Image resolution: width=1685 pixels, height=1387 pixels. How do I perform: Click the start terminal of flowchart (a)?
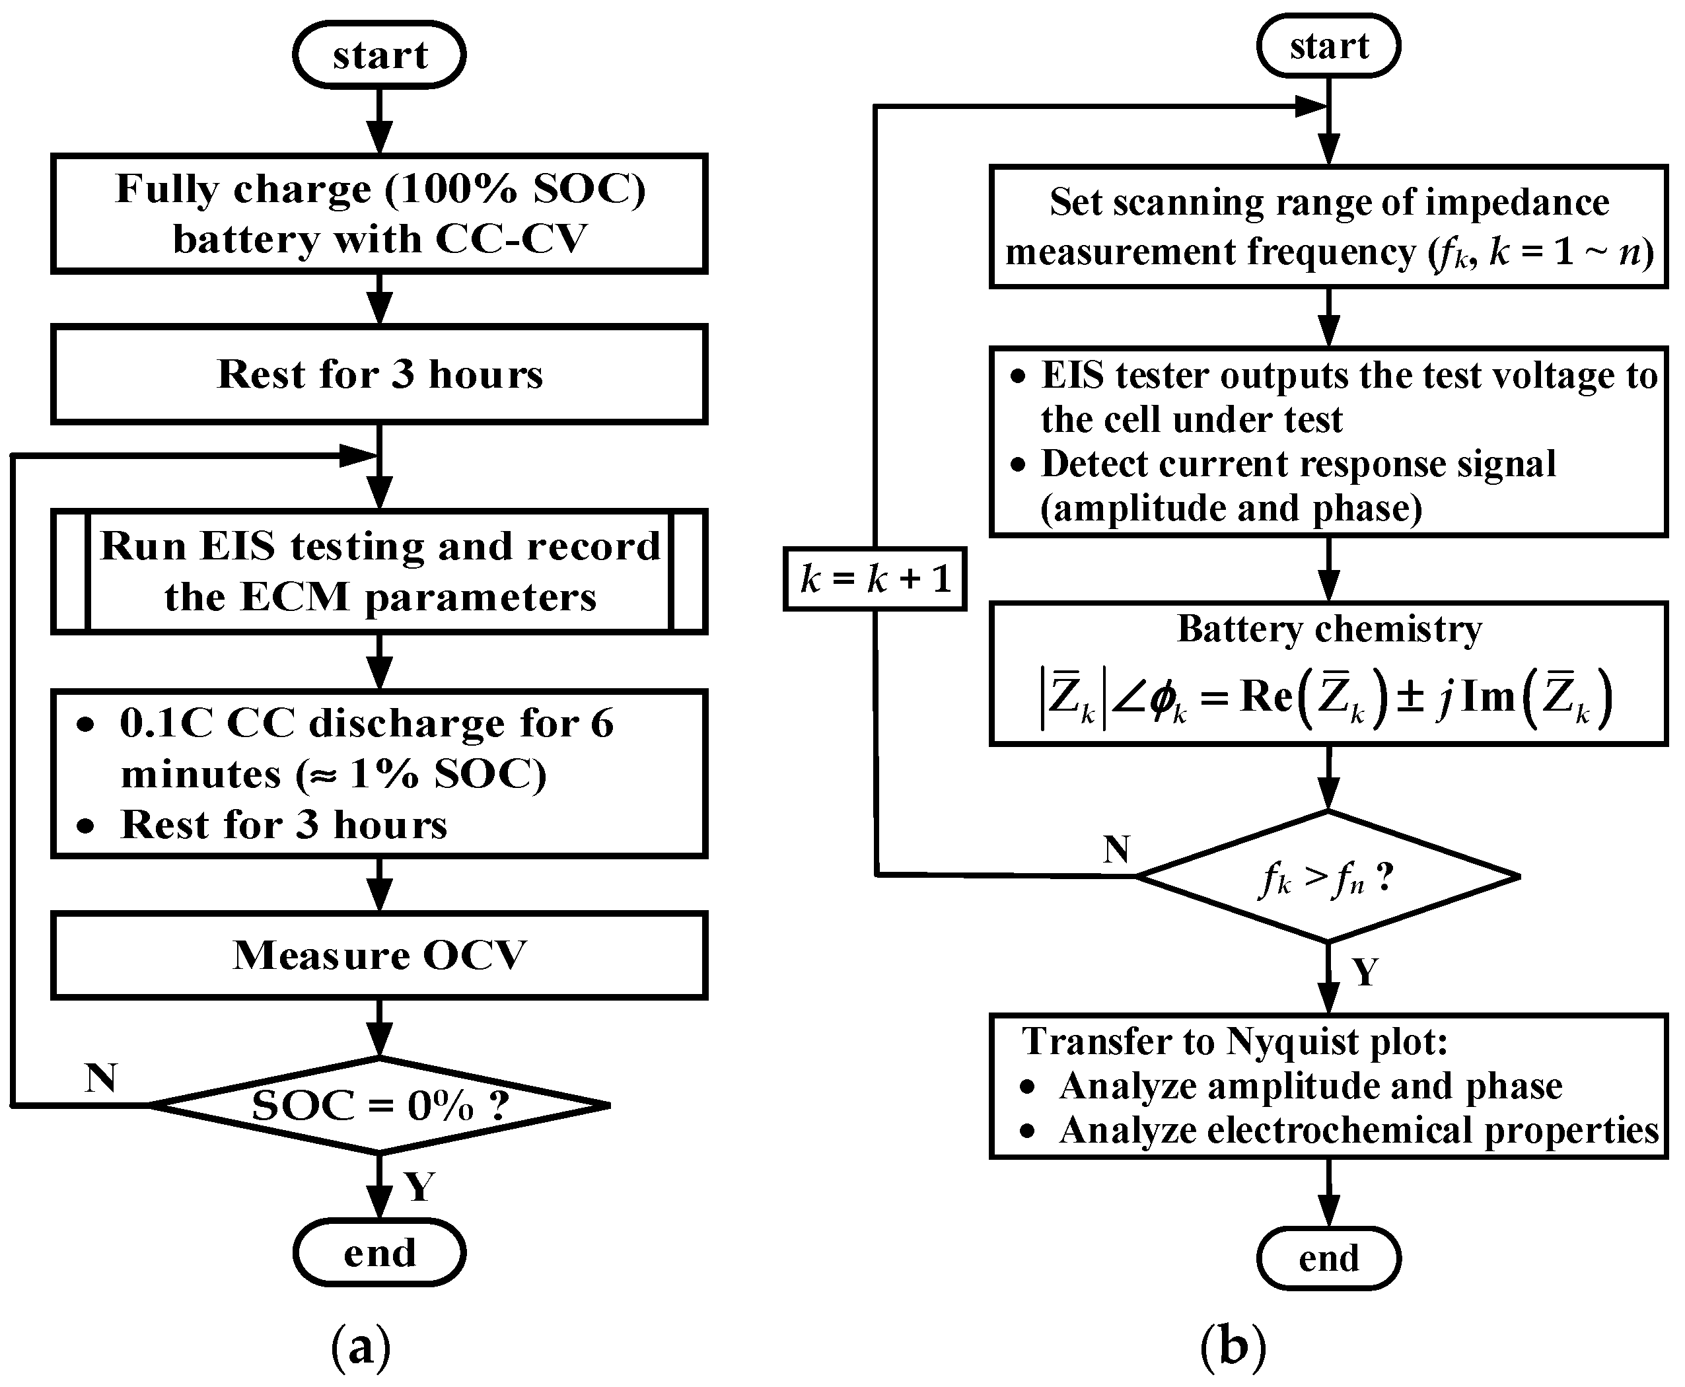pyautogui.click(x=380, y=54)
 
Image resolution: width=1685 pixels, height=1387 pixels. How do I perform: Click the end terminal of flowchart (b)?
pyautogui.click(x=1329, y=1258)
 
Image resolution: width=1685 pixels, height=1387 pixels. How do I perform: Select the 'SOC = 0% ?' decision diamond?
pyautogui.click(x=380, y=1105)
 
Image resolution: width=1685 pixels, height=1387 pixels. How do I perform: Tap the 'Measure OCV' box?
pyautogui.click(x=380, y=955)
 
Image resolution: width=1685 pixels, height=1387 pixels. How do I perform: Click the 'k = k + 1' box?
pyautogui.click(x=875, y=579)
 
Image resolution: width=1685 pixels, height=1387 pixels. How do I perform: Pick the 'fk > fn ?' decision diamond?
pyautogui.click(x=1328, y=876)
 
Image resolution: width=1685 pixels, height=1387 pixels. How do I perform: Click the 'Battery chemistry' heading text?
pyautogui.click(x=1330, y=629)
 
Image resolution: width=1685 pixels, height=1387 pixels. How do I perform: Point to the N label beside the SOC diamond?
pyautogui.click(x=102, y=1078)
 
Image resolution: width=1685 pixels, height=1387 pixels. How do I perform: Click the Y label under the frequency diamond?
pyautogui.click(x=1365, y=972)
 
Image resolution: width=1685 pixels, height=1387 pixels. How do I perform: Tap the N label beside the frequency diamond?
pyautogui.click(x=1116, y=849)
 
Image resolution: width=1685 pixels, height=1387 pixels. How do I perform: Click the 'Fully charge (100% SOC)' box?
pyautogui.click(x=380, y=214)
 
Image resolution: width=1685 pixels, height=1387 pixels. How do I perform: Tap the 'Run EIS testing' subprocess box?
pyautogui.click(x=380, y=571)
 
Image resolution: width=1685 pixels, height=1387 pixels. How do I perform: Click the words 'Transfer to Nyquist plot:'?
pyautogui.click(x=1235, y=1042)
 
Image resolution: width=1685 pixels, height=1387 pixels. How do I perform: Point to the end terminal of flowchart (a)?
pyautogui.click(x=380, y=1252)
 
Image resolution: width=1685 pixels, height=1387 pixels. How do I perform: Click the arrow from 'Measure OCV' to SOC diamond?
pyautogui.click(x=380, y=1028)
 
